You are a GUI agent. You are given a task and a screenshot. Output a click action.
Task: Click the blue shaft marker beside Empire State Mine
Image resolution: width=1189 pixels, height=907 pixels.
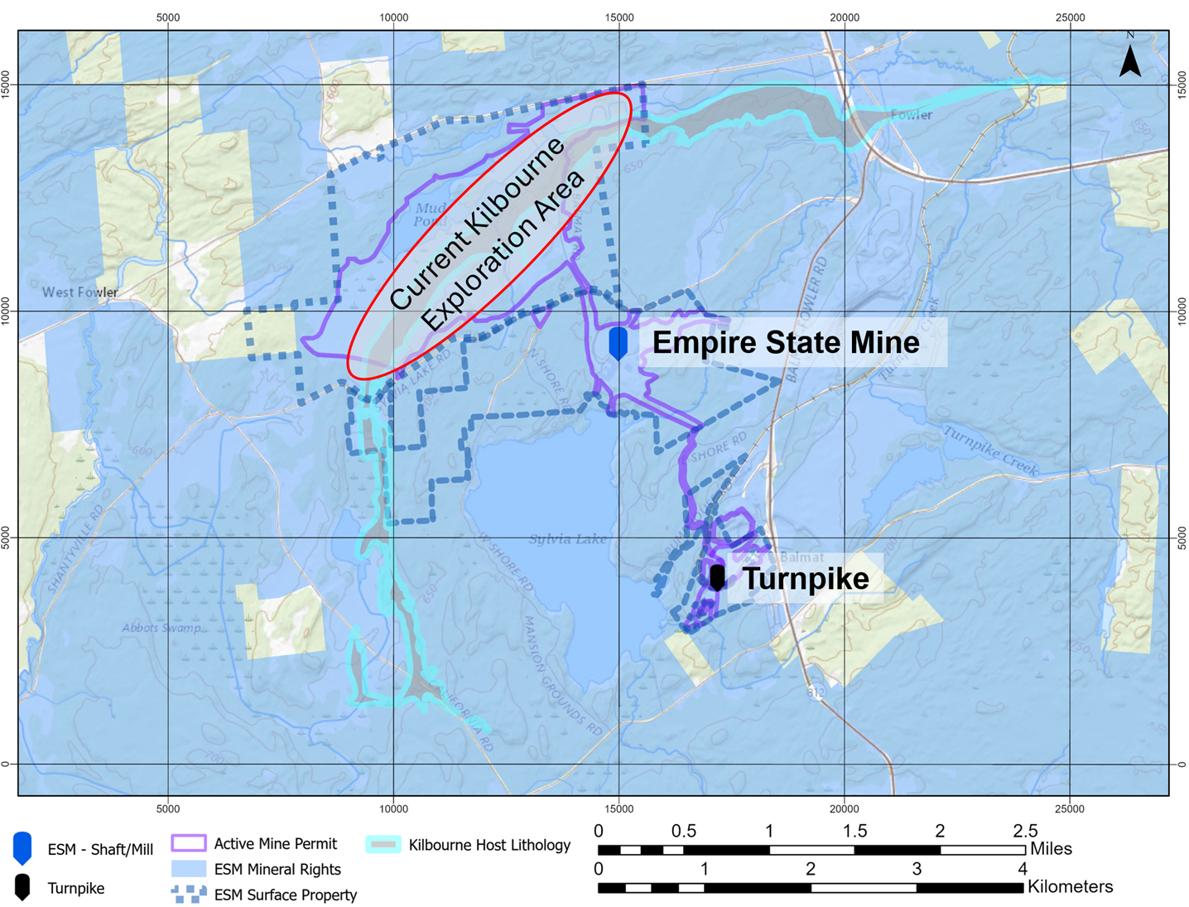click(x=618, y=343)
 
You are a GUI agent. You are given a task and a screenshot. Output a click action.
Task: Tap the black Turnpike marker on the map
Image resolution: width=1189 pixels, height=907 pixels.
click(x=717, y=577)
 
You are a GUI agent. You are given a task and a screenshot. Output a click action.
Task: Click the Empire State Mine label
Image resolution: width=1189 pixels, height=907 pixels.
click(x=785, y=343)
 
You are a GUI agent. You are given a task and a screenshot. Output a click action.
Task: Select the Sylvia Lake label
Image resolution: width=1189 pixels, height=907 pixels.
click(x=568, y=539)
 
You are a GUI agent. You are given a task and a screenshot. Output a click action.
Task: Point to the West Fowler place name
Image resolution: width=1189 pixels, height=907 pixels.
click(x=79, y=292)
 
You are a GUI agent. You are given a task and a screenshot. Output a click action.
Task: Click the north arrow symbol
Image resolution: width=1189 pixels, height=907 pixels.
click(x=1129, y=58)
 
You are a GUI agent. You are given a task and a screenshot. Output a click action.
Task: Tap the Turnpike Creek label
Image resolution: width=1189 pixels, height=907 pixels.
click(x=991, y=451)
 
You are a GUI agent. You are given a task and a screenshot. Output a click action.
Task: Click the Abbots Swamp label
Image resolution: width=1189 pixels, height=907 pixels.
click(x=161, y=628)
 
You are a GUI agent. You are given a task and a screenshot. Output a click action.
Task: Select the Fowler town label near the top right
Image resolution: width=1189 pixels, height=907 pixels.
click(x=911, y=115)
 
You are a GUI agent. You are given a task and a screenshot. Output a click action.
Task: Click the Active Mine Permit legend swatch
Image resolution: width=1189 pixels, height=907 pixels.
click(x=188, y=843)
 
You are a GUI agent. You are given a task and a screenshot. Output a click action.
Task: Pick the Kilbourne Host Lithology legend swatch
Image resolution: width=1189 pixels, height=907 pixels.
click(x=383, y=845)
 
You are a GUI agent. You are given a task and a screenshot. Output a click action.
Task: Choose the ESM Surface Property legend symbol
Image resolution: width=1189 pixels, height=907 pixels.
click(x=188, y=895)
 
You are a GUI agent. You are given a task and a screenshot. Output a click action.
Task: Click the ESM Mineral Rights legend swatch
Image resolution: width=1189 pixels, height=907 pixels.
click(x=188, y=869)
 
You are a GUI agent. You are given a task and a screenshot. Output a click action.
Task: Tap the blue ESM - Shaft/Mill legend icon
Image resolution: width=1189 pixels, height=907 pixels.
click(x=22, y=848)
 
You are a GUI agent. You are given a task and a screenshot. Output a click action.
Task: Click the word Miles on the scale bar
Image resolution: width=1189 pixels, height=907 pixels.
click(x=1051, y=849)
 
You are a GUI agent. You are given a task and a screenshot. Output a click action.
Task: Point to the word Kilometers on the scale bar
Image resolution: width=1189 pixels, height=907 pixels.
click(x=1070, y=887)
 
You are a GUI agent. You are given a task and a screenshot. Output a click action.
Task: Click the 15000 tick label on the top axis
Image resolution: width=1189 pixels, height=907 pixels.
click(x=619, y=17)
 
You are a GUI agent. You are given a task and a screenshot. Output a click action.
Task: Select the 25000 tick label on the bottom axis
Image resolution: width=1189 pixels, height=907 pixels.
click(x=1070, y=808)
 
